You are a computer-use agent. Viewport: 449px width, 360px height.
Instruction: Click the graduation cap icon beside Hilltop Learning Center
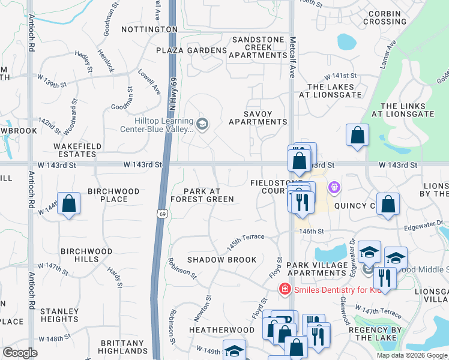202,124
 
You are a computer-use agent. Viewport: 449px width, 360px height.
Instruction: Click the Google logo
20,353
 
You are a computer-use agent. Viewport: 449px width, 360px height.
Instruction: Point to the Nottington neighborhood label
149,29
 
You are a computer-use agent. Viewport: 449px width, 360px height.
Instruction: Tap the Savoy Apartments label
257,118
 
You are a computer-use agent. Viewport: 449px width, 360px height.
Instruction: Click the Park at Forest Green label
202,195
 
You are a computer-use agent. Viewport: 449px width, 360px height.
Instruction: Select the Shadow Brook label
221,260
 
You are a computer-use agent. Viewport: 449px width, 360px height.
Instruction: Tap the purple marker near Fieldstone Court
334,188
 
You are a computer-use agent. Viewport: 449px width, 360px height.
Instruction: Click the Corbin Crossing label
384,17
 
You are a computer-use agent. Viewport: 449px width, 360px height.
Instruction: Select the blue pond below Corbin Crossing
346,42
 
